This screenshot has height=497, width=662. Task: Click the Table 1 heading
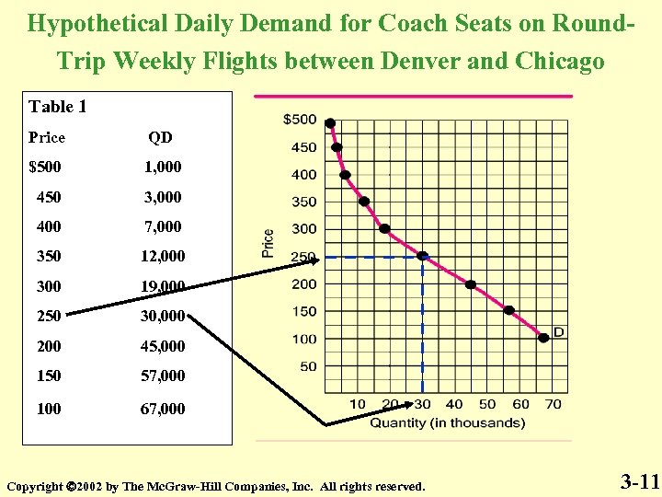point(58,107)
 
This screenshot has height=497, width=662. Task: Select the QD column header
point(161,137)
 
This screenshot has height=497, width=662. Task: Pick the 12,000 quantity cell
point(163,256)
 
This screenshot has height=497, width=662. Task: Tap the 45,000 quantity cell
point(163,346)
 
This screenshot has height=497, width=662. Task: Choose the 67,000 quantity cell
point(163,408)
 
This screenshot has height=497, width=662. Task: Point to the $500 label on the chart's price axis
point(299,120)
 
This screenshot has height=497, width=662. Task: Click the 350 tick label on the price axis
point(303,202)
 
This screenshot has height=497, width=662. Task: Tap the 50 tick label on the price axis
point(308,366)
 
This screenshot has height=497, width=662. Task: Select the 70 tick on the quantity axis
point(553,404)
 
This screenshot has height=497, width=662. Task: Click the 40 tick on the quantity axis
point(454,404)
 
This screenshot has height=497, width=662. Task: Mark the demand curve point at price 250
point(422,256)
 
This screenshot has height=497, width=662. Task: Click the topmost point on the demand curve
point(330,123)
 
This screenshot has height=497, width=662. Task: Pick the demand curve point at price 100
point(543,338)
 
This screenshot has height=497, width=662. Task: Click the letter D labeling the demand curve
point(558,331)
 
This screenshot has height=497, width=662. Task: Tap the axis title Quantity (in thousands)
point(448,423)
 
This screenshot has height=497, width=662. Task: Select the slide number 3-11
point(639,480)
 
